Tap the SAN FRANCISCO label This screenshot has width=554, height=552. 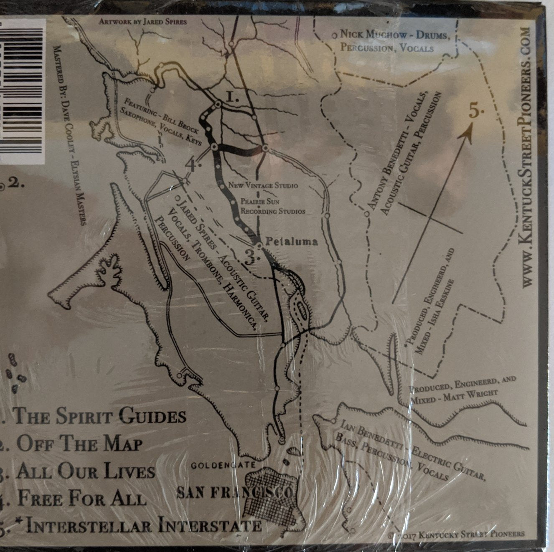(234, 493)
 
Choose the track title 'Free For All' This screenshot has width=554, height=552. (82, 499)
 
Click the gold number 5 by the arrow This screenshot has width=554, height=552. (476, 112)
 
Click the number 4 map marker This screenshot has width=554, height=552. (192, 165)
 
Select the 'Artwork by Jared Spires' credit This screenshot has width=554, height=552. (142, 21)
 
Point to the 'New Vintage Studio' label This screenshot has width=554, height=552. (263, 185)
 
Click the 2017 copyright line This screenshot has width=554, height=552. (457, 534)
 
